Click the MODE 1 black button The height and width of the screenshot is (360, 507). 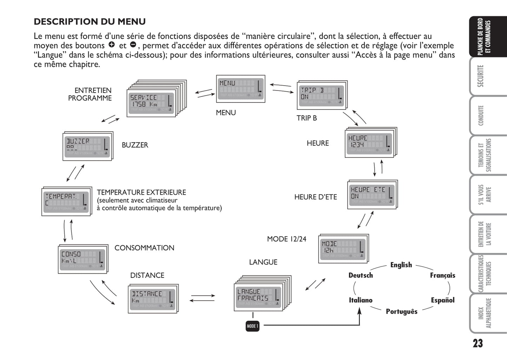pyautogui.click(x=252, y=326)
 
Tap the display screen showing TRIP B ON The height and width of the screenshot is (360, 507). pyautogui.click(x=321, y=95)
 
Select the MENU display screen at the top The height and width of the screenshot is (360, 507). pyautogui.click(x=240, y=89)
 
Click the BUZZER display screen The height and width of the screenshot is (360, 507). pyautogui.click(x=87, y=146)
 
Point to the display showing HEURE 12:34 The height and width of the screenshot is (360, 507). pyautogui.click(x=370, y=142)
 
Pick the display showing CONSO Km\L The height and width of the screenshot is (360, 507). pyautogui.click(x=82, y=259)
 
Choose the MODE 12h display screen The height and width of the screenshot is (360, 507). pyautogui.click(x=343, y=248)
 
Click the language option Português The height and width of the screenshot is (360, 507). pyautogui.click(x=401, y=312)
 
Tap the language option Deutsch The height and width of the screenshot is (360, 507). pyautogui.click(x=360, y=275)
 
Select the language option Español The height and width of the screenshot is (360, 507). pyautogui.click(x=442, y=300)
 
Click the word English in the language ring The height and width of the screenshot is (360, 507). pyautogui.click(x=401, y=265)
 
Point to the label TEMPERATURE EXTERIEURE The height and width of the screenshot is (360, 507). pyautogui.click(x=141, y=192)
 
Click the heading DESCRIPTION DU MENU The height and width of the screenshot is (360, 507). pyautogui.click(x=89, y=22)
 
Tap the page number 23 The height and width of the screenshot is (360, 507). pyautogui.click(x=478, y=343)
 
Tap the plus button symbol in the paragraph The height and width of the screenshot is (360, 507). pyautogui.click(x=112, y=45)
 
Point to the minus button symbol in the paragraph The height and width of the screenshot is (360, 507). pyautogui.click(x=133, y=45)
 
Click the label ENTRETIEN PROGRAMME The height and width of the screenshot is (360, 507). pyautogui.click(x=90, y=94)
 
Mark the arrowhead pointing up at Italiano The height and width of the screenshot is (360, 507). pyautogui.click(x=359, y=310)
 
